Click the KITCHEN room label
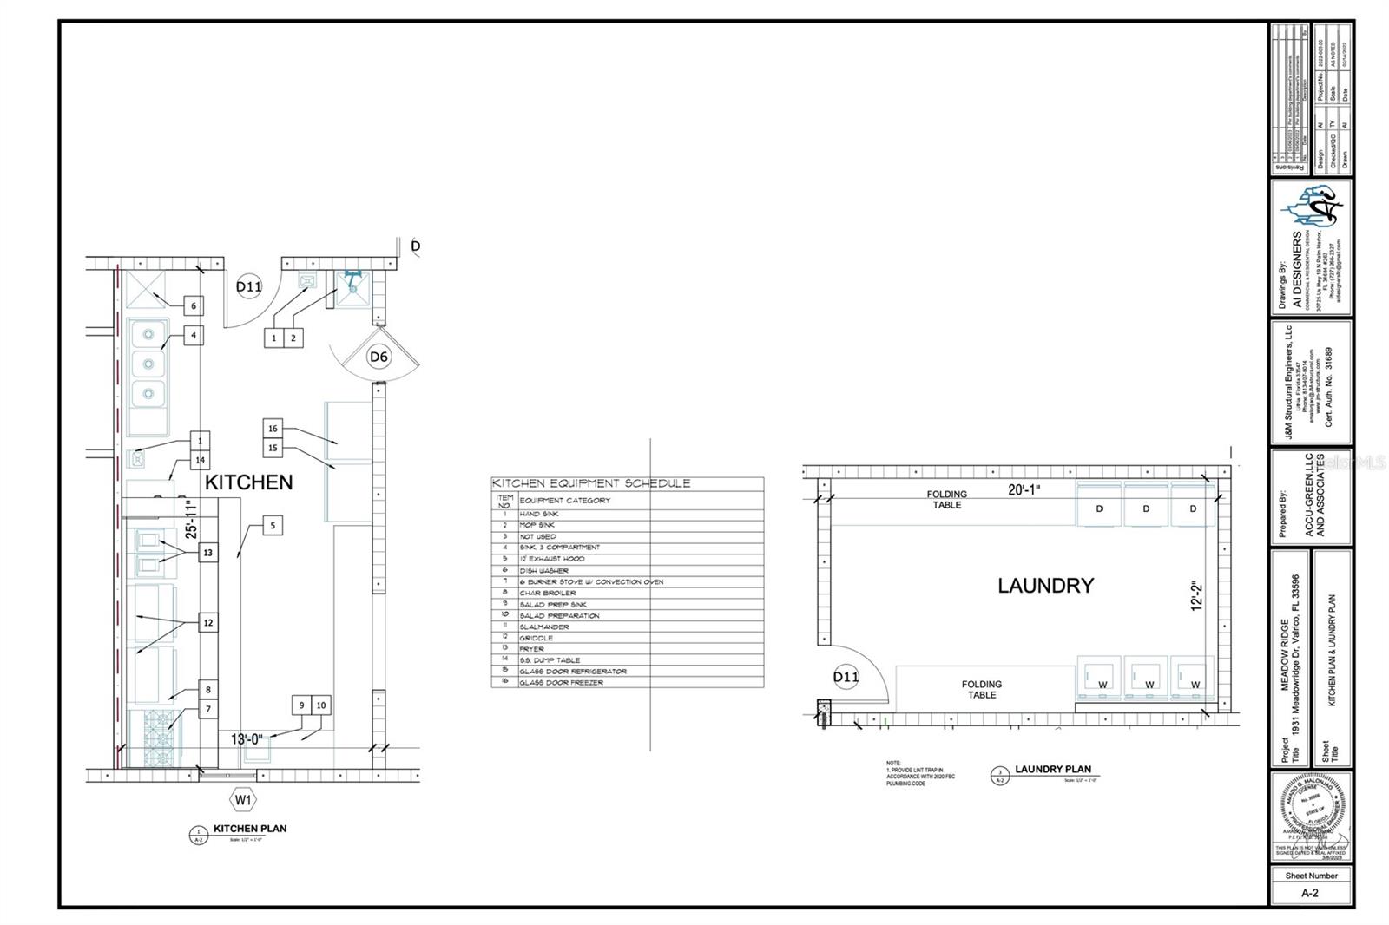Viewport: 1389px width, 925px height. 248,482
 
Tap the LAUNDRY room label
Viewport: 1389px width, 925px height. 1045,586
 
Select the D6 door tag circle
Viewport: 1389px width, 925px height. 379,357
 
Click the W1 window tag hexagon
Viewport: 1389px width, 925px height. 243,799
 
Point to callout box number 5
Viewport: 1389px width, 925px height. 273,525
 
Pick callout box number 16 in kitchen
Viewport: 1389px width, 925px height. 273,428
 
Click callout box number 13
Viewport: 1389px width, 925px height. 207,553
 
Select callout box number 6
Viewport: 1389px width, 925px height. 194,305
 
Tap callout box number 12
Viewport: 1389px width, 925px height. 207,622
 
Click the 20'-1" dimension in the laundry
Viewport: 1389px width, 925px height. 1024,490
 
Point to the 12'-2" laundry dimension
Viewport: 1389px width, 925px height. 1197,597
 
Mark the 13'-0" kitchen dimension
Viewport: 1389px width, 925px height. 248,739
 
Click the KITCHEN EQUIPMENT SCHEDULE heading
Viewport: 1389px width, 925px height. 591,483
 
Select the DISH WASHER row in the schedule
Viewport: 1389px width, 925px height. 544,571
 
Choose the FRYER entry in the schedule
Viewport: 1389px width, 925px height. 532,649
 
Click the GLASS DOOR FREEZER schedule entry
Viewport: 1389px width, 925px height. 561,683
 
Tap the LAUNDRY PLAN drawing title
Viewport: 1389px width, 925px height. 1052,770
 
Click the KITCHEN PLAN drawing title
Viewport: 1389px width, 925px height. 250,829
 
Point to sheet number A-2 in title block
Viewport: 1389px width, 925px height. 1310,893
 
